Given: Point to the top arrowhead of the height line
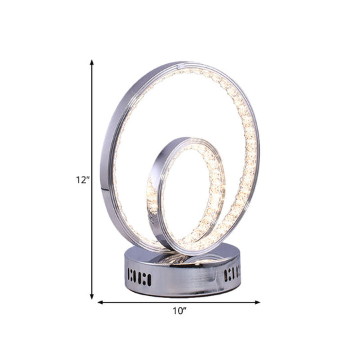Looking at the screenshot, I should [92, 62].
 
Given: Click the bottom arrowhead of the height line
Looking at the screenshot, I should [92, 295].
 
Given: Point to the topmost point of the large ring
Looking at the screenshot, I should [180, 63].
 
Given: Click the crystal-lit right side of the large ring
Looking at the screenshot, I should [252, 153].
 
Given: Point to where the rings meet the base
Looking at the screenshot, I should [180, 250].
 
